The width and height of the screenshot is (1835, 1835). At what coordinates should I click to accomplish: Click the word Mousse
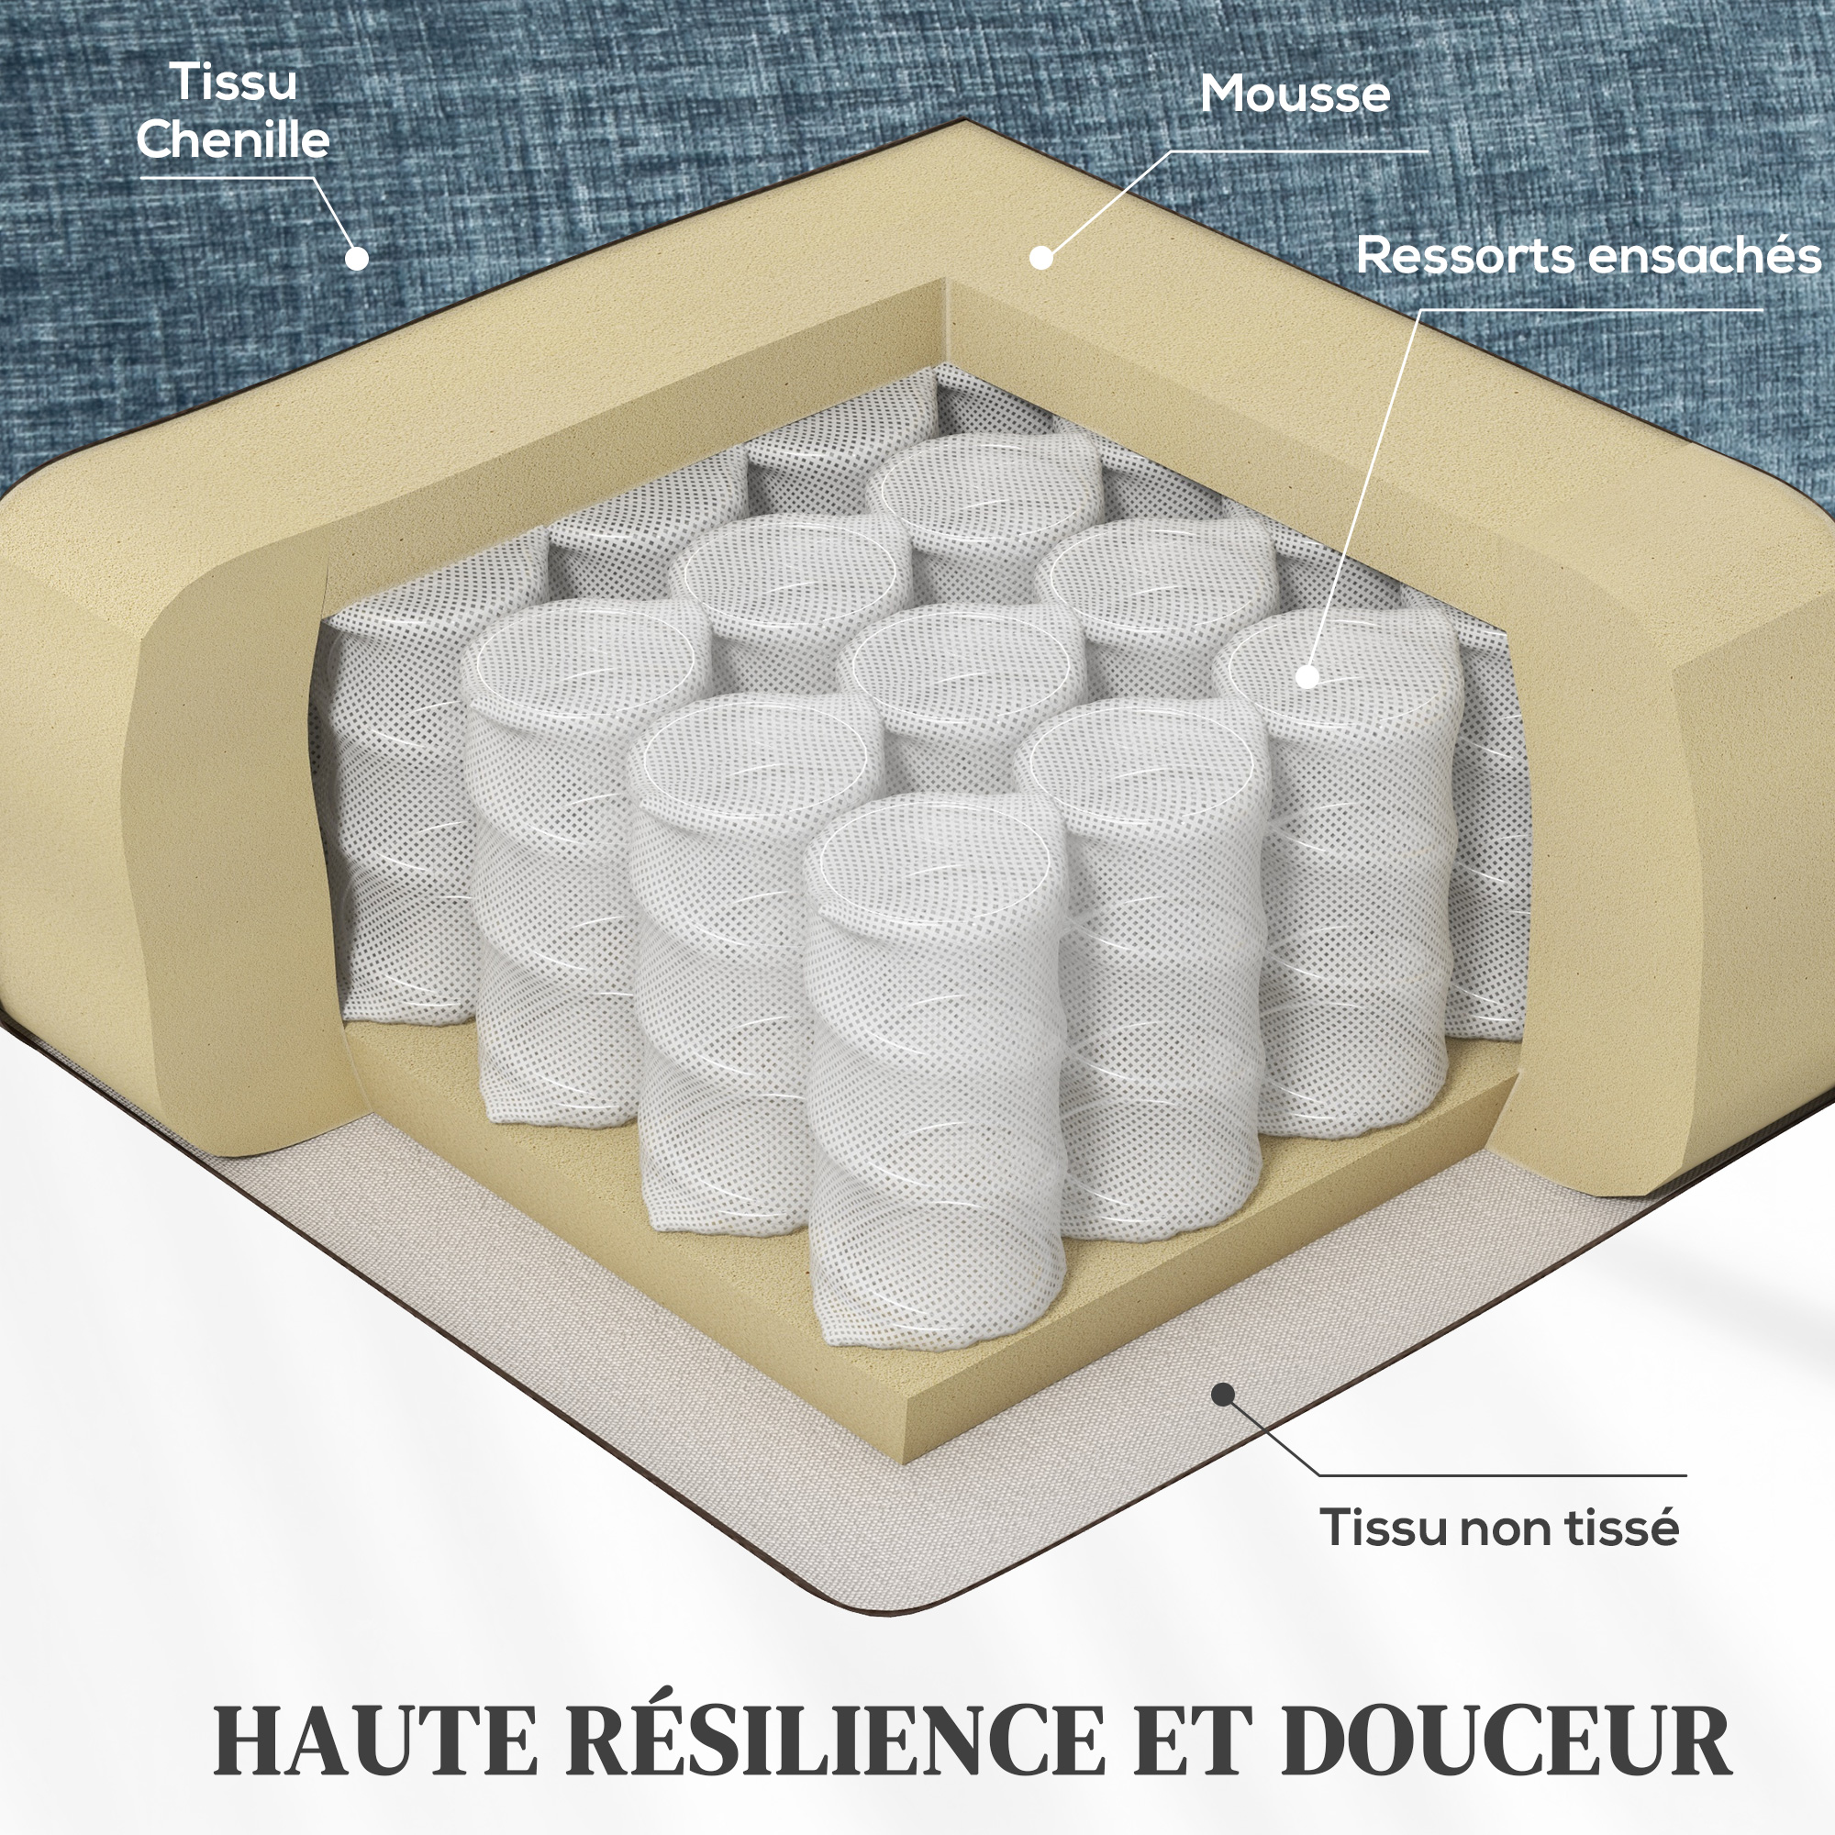pyautogui.click(x=1295, y=94)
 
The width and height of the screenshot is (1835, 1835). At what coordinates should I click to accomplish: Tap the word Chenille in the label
pyautogui.click(x=233, y=139)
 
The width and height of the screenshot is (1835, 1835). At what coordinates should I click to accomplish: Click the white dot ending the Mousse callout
pyautogui.click(x=1041, y=258)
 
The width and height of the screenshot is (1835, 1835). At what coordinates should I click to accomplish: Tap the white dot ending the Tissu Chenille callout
pyautogui.click(x=356, y=259)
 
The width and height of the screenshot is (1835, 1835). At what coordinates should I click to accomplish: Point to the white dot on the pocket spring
pyautogui.click(x=1307, y=677)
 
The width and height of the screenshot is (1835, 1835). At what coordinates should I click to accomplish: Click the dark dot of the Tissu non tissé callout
pyautogui.click(x=1223, y=1396)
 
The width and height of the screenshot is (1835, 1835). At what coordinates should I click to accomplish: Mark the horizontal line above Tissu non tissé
pyautogui.click(x=1503, y=1475)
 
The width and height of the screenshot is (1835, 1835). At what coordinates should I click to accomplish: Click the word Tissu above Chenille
pyautogui.click(x=234, y=83)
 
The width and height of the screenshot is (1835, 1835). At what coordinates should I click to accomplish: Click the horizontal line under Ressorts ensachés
pyautogui.click(x=1592, y=309)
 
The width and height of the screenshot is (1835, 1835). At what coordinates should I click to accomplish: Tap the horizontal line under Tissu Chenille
pyautogui.click(x=228, y=179)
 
